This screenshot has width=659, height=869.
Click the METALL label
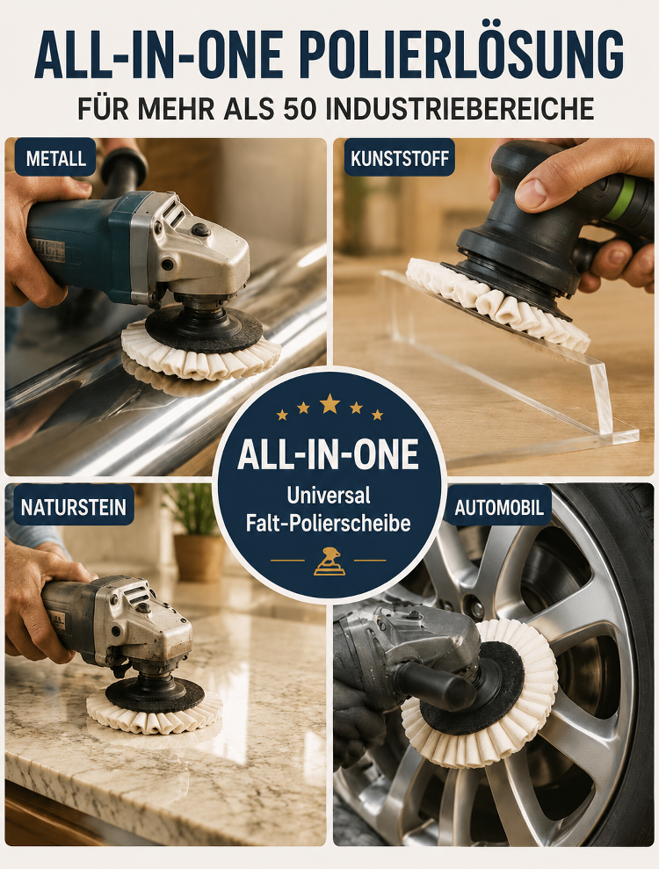tap(54, 158)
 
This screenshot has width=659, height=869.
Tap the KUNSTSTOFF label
tap(399, 158)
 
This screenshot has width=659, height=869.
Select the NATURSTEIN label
tap(73, 506)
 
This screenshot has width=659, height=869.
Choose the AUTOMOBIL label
tap(499, 506)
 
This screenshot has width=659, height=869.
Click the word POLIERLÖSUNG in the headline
tap(461, 55)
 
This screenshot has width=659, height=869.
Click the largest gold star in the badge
tap(329, 403)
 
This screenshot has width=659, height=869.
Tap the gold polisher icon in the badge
tap(329, 561)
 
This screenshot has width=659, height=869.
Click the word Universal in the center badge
tap(329, 495)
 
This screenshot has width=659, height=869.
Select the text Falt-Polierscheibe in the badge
tap(329, 523)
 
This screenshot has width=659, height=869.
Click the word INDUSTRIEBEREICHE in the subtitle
tap(460, 109)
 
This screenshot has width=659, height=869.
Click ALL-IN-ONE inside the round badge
tap(328, 455)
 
